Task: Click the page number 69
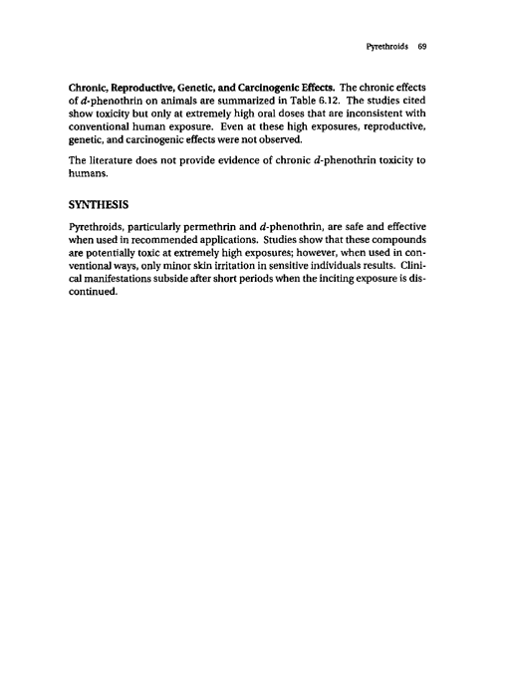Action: click(x=422, y=47)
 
